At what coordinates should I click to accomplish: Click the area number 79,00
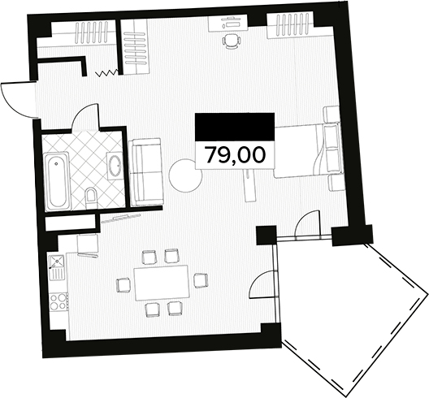235,155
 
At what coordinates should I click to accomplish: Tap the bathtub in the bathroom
57,181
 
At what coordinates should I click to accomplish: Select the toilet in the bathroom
91,198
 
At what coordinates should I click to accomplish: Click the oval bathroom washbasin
115,166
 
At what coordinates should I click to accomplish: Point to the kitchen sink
57,267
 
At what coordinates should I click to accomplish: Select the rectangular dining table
162,283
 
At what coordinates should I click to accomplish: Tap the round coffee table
185,176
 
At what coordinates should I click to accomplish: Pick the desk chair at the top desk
232,41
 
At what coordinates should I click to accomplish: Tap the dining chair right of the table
201,280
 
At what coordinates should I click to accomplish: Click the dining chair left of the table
123,285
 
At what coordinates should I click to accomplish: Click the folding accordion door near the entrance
106,73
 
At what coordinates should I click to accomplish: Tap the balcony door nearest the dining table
262,283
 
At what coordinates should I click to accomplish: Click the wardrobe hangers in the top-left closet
91,32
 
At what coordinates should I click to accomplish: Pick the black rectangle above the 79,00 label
235,128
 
